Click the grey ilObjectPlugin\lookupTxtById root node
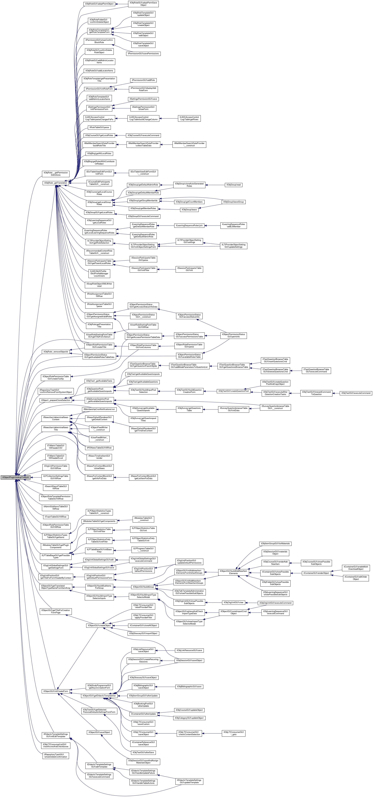[x=16, y=477]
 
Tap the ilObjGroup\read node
[x=234, y=185]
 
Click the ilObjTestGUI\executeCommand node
[x=356, y=393]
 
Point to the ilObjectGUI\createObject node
[x=99, y=625]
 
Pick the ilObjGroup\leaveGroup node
[x=234, y=202]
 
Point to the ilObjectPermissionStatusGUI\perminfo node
[x=234, y=335]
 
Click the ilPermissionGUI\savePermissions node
[x=143, y=53]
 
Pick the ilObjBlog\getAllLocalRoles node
[x=99, y=153]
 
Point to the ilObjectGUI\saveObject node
[x=99, y=732]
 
